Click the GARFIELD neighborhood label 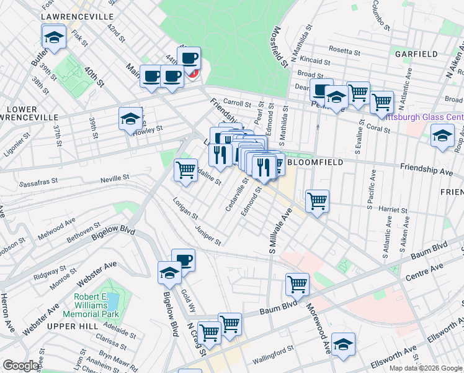click(x=416, y=54)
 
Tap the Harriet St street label click(x=395, y=210)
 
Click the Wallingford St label click(x=272, y=359)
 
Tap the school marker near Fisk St click(x=54, y=37)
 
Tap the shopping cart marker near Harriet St click(x=317, y=201)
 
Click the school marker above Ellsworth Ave click(x=343, y=344)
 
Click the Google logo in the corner click(x=20, y=366)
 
